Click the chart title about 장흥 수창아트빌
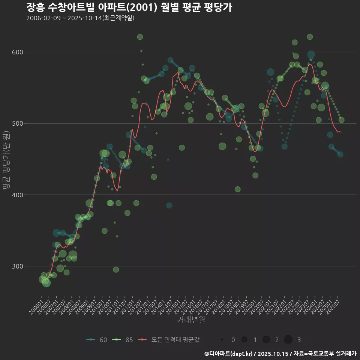pos(129,7)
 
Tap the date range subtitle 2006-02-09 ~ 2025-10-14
pos(80,18)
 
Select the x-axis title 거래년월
pos(191,320)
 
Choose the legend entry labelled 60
pos(97,340)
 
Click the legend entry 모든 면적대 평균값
pos(169,340)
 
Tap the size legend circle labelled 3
pos(288,340)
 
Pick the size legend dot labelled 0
pos(222,340)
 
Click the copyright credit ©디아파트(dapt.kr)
pos(229,353)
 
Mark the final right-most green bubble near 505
pos(341,120)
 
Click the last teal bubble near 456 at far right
pos(340,154)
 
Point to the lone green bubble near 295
pos(116,270)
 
